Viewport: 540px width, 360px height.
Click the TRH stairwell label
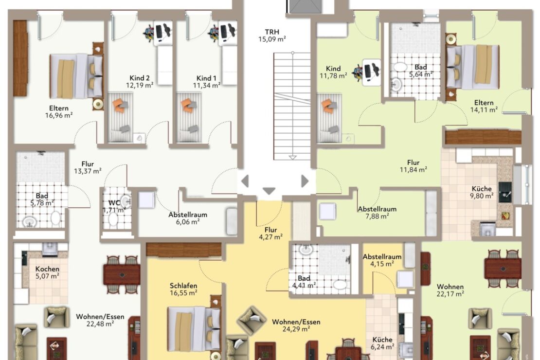coord(272,32)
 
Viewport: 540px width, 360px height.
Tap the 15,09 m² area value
coord(272,39)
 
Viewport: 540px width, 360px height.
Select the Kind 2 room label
coord(140,78)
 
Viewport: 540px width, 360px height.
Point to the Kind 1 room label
coord(206,78)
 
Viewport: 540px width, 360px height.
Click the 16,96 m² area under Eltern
coord(59,115)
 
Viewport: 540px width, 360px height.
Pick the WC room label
coord(114,202)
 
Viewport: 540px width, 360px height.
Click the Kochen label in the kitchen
coord(47,269)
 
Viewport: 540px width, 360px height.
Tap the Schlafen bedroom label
coord(183,286)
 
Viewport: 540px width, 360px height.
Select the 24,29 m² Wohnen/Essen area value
coord(296,329)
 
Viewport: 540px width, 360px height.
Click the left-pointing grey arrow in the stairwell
coord(245,181)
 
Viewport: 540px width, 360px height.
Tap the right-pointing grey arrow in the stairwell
coord(305,181)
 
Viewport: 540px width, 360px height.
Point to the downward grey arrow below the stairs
coord(269,191)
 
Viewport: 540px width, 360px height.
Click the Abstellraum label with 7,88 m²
coord(377,209)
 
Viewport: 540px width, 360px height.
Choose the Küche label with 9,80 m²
coord(482,189)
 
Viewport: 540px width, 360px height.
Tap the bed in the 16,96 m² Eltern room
coord(76,76)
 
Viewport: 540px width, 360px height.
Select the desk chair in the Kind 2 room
coord(149,33)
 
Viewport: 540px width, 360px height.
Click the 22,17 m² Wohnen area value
coord(450,294)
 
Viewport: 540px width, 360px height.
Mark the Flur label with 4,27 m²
coord(270,230)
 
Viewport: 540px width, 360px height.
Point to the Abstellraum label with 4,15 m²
coord(382,257)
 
